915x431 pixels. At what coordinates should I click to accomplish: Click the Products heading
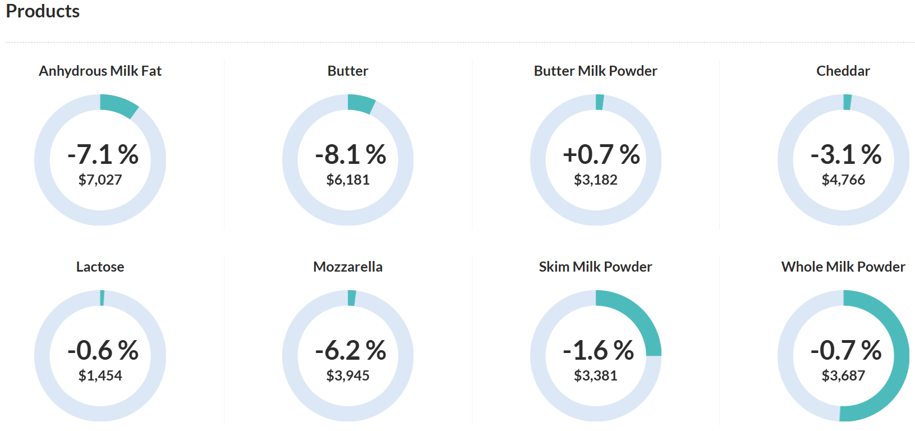(43, 11)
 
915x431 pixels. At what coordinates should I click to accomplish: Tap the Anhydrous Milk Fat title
(100, 71)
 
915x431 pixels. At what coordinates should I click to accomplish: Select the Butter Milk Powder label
(595, 71)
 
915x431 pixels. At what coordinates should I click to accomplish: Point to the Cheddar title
(843, 71)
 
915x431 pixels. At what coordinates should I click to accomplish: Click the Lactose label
(100, 267)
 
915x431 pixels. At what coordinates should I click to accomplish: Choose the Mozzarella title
(348, 267)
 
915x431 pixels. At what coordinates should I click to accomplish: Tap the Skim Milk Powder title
(595, 267)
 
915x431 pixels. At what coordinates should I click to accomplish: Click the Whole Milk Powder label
(843, 267)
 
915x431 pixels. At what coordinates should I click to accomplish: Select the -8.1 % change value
(351, 154)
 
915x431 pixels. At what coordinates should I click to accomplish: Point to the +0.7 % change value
(601, 154)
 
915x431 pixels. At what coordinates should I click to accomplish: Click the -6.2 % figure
(351, 350)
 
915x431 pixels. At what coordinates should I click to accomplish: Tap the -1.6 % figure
(598, 350)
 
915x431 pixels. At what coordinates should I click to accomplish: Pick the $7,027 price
(100, 180)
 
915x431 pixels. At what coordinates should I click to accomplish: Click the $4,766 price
(843, 180)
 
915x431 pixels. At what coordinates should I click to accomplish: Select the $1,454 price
(100, 375)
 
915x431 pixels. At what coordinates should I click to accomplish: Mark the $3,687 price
(843, 375)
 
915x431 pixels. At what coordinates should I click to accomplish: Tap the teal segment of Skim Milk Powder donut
(640, 318)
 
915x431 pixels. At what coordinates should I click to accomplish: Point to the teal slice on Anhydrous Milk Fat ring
(118, 105)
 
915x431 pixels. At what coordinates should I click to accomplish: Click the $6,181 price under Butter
(348, 180)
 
